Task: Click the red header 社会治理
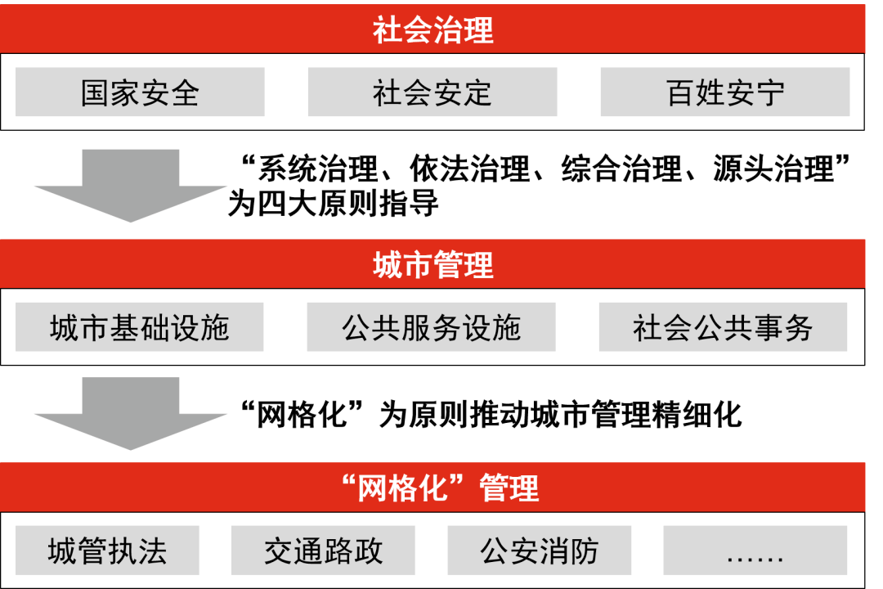[433, 29]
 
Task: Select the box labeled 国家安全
[140, 92]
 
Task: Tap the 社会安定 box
[432, 92]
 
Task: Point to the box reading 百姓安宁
[724, 92]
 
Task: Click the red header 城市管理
[433, 264]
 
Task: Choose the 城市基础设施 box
[140, 327]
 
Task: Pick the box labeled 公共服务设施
[431, 327]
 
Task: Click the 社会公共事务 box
[723, 327]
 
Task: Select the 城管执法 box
[107, 551]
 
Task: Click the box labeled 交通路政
[323, 551]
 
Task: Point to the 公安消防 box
[539, 551]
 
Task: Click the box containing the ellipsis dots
[755, 551]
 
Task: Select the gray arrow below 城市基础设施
[131, 414]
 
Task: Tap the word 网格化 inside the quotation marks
[404, 488]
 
